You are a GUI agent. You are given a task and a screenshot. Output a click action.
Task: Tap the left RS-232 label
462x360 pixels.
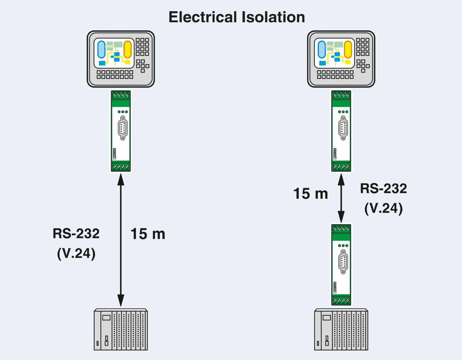[76, 234]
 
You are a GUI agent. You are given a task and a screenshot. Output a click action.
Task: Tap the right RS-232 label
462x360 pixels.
[383, 189]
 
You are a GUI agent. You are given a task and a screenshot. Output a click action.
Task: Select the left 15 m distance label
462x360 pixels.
[148, 234]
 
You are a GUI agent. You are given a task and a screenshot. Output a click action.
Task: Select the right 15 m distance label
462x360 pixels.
[310, 194]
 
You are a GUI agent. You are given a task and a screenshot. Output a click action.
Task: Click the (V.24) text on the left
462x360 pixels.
[76, 253]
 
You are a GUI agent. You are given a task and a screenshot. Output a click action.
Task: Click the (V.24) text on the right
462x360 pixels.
[383, 208]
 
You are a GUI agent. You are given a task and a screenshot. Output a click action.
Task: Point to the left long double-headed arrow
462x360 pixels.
[121, 240]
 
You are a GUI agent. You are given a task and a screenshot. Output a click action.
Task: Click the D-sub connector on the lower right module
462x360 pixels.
[343, 262]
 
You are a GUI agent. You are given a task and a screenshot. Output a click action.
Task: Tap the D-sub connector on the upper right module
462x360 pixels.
[343, 128]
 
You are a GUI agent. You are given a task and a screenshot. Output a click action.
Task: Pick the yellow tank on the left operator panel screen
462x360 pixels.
[128, 49]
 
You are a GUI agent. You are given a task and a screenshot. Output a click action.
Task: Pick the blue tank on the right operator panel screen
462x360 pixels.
[322, 49]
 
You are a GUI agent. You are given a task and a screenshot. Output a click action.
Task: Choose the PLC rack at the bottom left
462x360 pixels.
[121, 330]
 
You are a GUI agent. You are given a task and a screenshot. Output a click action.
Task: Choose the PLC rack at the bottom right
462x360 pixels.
[341, 330]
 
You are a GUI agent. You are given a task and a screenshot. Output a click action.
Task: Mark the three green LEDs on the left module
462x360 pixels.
[123, 112]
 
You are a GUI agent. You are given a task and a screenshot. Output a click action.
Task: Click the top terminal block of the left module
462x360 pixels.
[121, 95]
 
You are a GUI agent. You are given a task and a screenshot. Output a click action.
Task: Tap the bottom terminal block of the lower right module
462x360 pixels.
[341, 300]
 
